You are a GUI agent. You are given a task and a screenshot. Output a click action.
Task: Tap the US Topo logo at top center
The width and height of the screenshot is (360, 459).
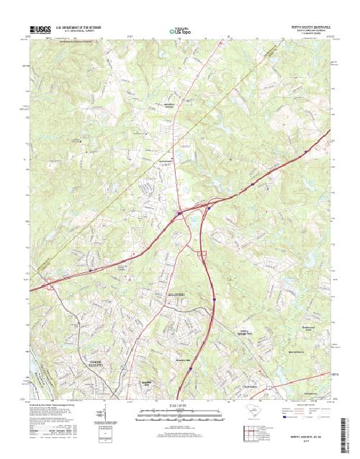coord(180,31)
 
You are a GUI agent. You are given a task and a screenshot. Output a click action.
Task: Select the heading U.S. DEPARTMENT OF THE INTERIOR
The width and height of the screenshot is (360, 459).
coord(79,27)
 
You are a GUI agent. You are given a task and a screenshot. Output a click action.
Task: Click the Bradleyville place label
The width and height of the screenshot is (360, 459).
coord(183,359)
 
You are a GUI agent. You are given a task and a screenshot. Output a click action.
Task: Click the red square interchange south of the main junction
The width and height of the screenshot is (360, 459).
coord(202,253)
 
